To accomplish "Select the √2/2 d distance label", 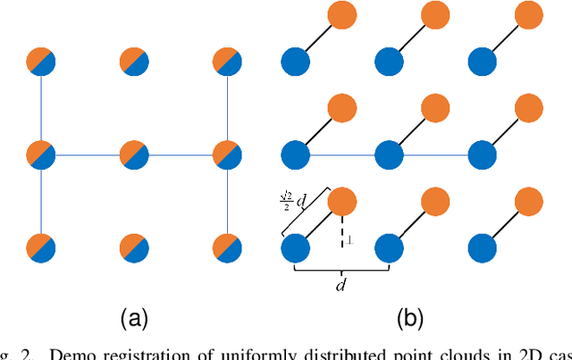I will [291, 201].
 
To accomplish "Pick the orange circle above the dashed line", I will [343, 201].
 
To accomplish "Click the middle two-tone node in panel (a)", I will [133, 155].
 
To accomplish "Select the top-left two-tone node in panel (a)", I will [41, 62].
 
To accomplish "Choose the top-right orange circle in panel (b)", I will [528, 15].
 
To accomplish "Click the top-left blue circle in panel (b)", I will [296, 62].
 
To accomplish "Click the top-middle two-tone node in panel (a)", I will [133, 62].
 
